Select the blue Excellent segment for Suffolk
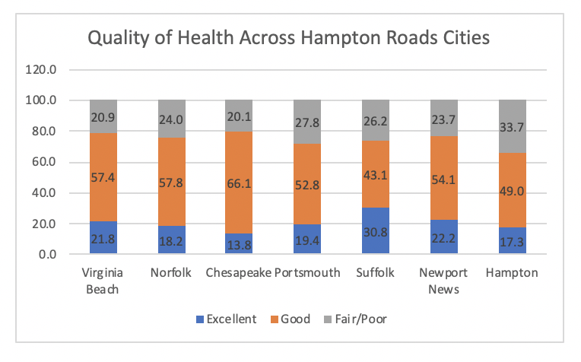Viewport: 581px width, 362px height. (x=375, y=230)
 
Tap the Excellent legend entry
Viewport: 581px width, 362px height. (x=228, y=319)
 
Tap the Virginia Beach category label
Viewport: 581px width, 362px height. (x=103, y=280)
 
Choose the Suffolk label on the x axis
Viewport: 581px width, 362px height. (x=375, y=273)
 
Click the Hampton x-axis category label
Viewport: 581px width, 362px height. (x=511, y=273)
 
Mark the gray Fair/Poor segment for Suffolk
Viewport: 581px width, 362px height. (x=375, y=120)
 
